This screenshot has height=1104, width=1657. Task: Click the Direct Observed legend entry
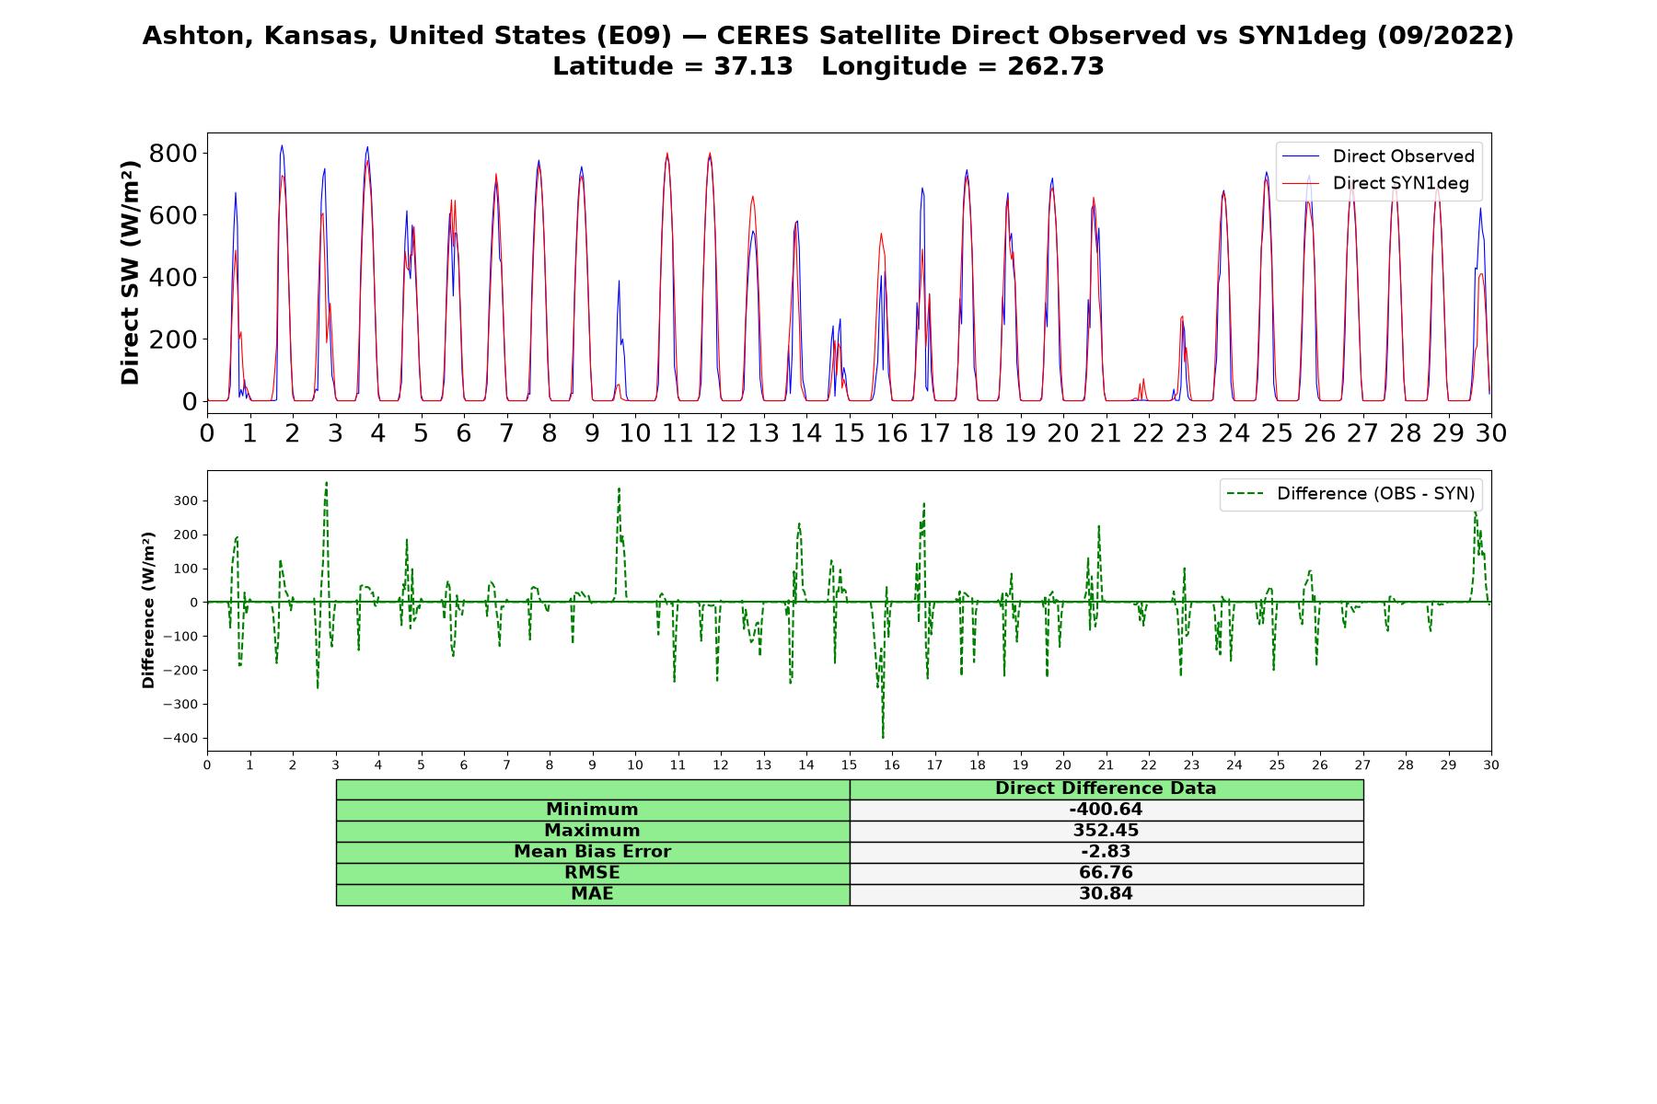tap(1377, 156)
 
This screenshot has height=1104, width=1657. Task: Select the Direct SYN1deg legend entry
tap(1375, 183)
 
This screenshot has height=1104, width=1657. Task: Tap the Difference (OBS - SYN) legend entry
tap(1350, 494)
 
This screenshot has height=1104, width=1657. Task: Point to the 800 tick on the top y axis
tap(173, 153)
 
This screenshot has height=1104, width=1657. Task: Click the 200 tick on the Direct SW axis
tap(173, 339)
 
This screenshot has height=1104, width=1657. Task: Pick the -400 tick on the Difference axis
tap(180, 739)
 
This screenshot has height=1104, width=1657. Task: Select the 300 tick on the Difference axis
tap(187, 501)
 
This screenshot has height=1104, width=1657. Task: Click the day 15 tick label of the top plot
tap(849, 432)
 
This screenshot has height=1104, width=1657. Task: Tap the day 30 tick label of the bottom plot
tap(1490, 765)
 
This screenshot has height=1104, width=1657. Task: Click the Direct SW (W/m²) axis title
tap(131, 272)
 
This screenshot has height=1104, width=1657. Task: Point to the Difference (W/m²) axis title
tap(149, 610)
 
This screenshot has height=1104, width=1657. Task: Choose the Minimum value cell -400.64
tap(1106, 810)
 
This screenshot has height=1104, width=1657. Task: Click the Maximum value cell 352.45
tap(1106, 831)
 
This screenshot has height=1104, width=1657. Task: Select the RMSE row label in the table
tap(592, 873)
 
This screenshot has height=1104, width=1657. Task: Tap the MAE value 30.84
tap(1106, 894)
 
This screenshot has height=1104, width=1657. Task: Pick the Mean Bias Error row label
tap(592, 852)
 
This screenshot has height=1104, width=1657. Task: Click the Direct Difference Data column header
tap(1106, 788)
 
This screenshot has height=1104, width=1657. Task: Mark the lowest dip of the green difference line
tap(883, 738)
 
